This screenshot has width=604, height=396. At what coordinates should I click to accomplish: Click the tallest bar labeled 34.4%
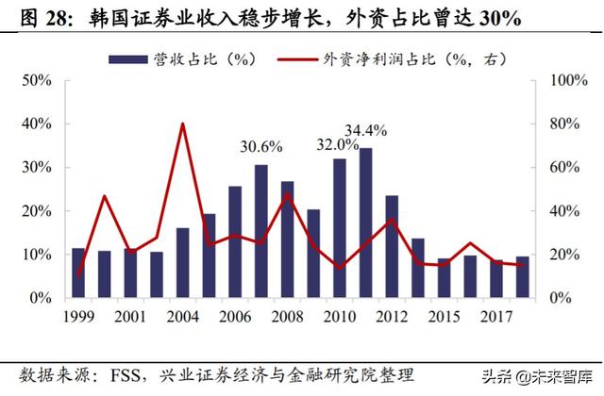tap(365, 223)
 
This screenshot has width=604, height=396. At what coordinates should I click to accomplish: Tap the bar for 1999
tap(78, 273)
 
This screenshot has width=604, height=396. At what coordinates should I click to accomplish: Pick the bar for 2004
tap(183, 263)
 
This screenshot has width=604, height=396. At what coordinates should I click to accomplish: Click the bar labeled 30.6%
tap(261, 232)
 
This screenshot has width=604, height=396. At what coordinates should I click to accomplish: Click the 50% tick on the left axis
tap(37, 81)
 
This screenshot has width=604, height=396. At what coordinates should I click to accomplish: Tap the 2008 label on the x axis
tap(287, 314)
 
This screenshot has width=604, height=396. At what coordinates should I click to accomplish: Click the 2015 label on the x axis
tap(443, 314)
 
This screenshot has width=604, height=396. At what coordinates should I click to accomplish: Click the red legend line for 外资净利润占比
tap(297, 58)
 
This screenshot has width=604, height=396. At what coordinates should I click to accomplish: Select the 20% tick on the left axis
tap(37, 211)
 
